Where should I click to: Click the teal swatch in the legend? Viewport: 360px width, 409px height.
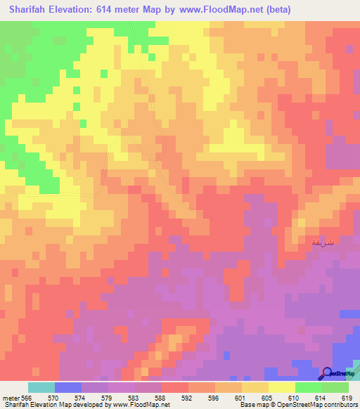[41, 387]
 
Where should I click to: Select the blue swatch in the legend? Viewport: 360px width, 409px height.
[68, 387]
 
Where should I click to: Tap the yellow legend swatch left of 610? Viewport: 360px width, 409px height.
[281, 387]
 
